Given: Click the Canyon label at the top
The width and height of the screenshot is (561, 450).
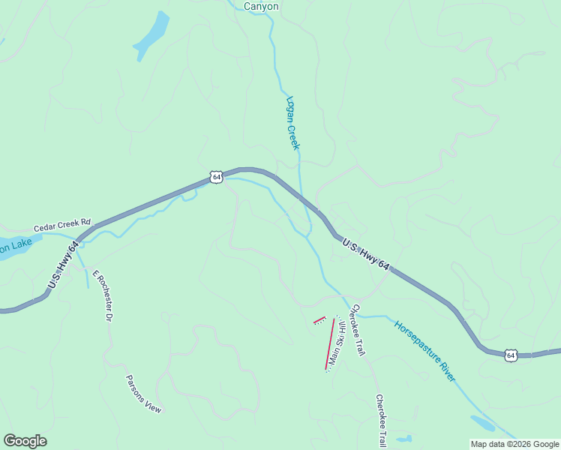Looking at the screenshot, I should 261,6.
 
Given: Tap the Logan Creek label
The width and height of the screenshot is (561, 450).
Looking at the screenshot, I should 292,122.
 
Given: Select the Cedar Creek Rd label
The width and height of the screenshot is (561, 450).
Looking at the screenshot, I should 61,225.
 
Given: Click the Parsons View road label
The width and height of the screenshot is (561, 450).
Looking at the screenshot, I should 143,394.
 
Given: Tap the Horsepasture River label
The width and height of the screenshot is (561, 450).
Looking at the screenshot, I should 424,351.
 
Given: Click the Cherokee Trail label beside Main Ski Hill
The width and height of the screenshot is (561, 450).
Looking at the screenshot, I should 358,330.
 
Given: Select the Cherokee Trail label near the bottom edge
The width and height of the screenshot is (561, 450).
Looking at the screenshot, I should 381,421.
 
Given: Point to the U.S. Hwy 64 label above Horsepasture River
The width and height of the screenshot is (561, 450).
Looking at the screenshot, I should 366,255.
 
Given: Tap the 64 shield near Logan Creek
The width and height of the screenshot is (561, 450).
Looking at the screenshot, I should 216,177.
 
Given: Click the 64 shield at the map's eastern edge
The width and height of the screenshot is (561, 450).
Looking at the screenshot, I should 511,355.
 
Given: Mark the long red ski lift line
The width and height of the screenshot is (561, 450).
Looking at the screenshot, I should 329,344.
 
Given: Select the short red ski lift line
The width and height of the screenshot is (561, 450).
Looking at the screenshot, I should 319,320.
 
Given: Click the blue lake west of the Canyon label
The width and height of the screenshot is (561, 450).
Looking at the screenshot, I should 152,35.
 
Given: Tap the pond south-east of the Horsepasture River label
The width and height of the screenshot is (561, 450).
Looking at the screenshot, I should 482,423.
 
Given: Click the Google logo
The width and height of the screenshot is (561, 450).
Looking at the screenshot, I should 25,441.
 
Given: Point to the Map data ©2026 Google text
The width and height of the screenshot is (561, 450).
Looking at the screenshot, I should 514,444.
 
